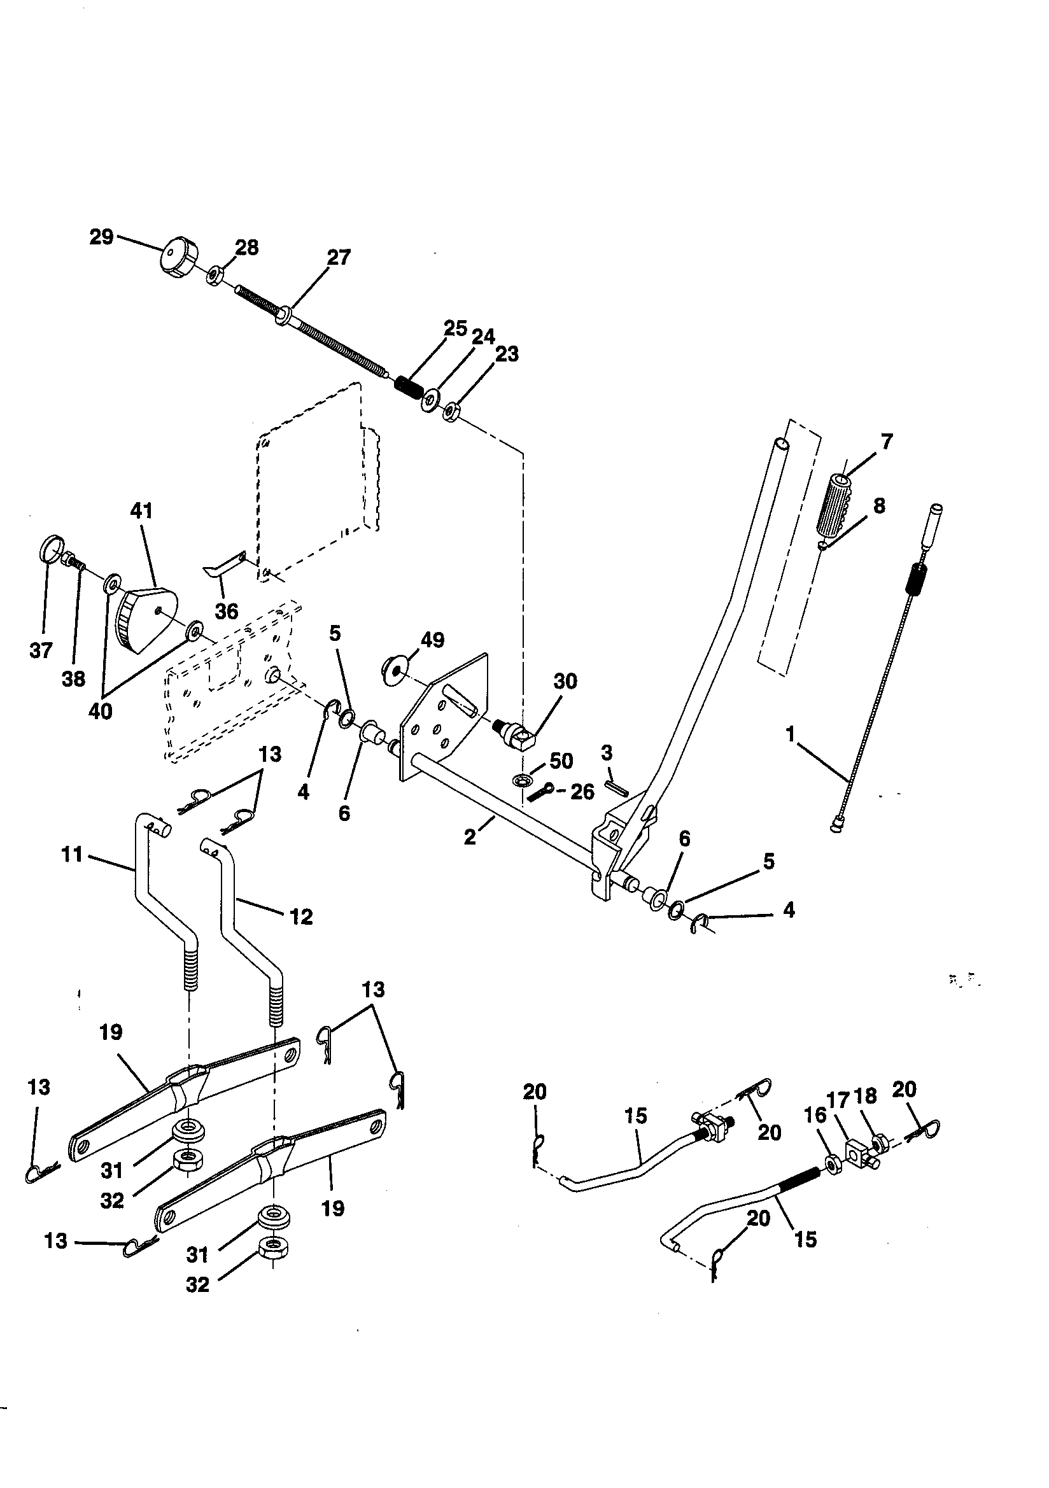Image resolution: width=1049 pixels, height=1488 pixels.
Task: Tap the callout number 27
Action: click(x=339, y=257)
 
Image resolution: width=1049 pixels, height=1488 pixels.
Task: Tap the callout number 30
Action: click(x=565, y=681)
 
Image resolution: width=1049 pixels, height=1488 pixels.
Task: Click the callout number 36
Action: click(x=226, y=611)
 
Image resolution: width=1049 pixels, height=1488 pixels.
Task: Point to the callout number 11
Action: click(x=72, y=855)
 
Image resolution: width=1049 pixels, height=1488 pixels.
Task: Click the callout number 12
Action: click(x=302, y=916)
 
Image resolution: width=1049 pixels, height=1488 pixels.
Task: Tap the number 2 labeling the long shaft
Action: click(x=470, y=837)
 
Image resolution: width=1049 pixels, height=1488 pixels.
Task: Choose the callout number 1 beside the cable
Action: click(x=790, y=734)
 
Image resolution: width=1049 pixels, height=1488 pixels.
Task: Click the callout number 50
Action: click(x=561, y=761)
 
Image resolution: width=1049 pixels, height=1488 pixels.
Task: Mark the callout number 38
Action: click(x=73, y=678)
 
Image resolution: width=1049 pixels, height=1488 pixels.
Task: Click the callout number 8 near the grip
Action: click(x=878, y=505)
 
